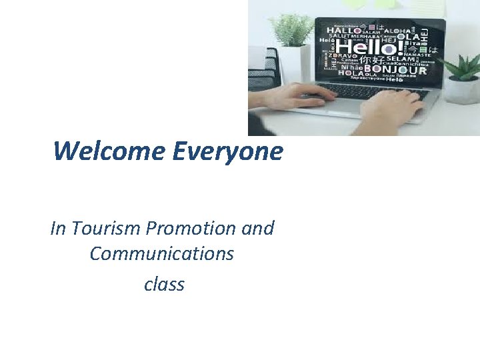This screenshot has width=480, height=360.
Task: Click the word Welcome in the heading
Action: click(109, 151)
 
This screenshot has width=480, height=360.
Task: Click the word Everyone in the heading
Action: click(227, 151)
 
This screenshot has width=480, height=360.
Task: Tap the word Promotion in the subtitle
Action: click(189, 228)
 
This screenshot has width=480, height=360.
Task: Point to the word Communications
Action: click(162, 254)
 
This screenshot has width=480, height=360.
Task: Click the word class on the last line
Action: click(164, 285)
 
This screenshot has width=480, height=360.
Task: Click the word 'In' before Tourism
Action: click(58, 228)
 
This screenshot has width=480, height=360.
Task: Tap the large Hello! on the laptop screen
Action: click(367, 47)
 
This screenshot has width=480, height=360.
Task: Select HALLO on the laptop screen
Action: click(343, 31)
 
